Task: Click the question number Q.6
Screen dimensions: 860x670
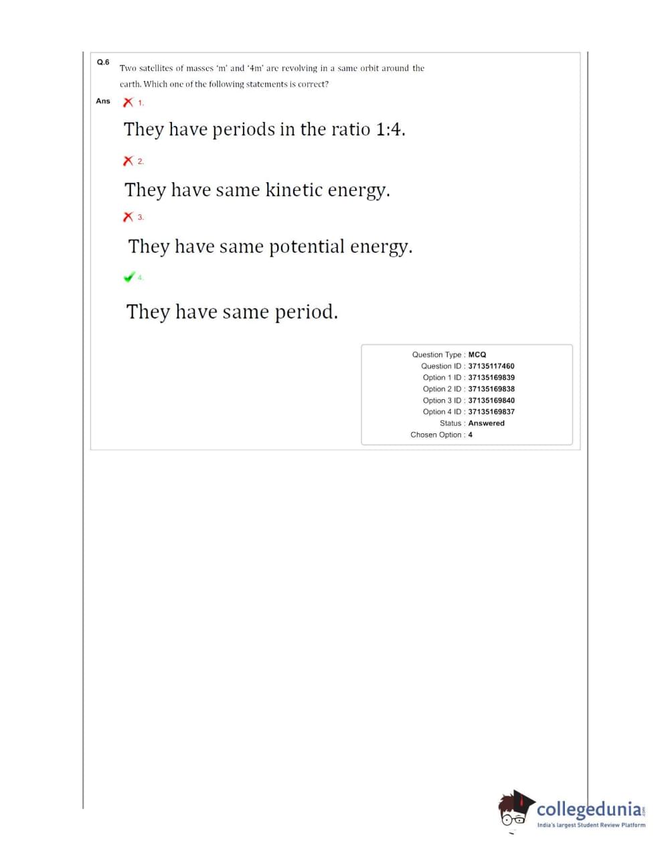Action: tap(103, 62)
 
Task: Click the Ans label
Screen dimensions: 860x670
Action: tap(103, 101)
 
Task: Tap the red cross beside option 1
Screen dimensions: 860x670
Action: tap(127, 102)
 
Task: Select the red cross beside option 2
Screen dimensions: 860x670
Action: tap(127, 161)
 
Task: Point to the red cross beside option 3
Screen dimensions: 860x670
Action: tap(127, 217)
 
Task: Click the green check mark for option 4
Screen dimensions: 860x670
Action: tap(129, 277)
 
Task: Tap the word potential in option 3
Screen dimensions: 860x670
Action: tap(307, 247)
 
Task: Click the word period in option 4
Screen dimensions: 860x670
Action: tap(306, 312)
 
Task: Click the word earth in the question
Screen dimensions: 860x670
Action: tap(130, 84)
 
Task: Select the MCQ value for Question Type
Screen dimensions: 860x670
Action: tap(477, 355)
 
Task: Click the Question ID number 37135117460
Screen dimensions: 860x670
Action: tap(491, 366)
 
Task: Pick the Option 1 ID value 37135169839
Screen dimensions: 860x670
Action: tap(491, 378)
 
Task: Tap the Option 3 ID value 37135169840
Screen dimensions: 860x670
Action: tap(491, 401)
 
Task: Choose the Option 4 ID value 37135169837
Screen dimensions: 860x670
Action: tap(491, 412)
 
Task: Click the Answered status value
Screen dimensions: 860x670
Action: tap(486, 423)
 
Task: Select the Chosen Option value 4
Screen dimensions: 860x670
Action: tap(471, 435)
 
